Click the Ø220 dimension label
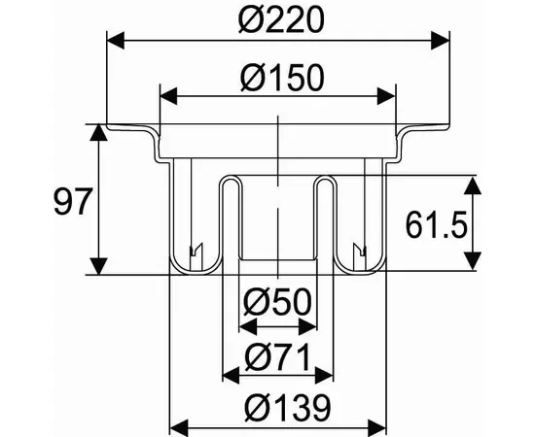[280, 20]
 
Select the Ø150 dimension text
[281, 78]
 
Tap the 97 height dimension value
[73, 202]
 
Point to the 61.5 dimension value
[436, 225]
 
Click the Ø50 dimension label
[278, 302]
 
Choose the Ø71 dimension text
[278, 356]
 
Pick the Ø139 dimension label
[288, 408]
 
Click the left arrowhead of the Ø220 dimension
[116, 41]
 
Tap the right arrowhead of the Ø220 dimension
[441, 41]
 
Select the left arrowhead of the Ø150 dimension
[168, 96]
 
